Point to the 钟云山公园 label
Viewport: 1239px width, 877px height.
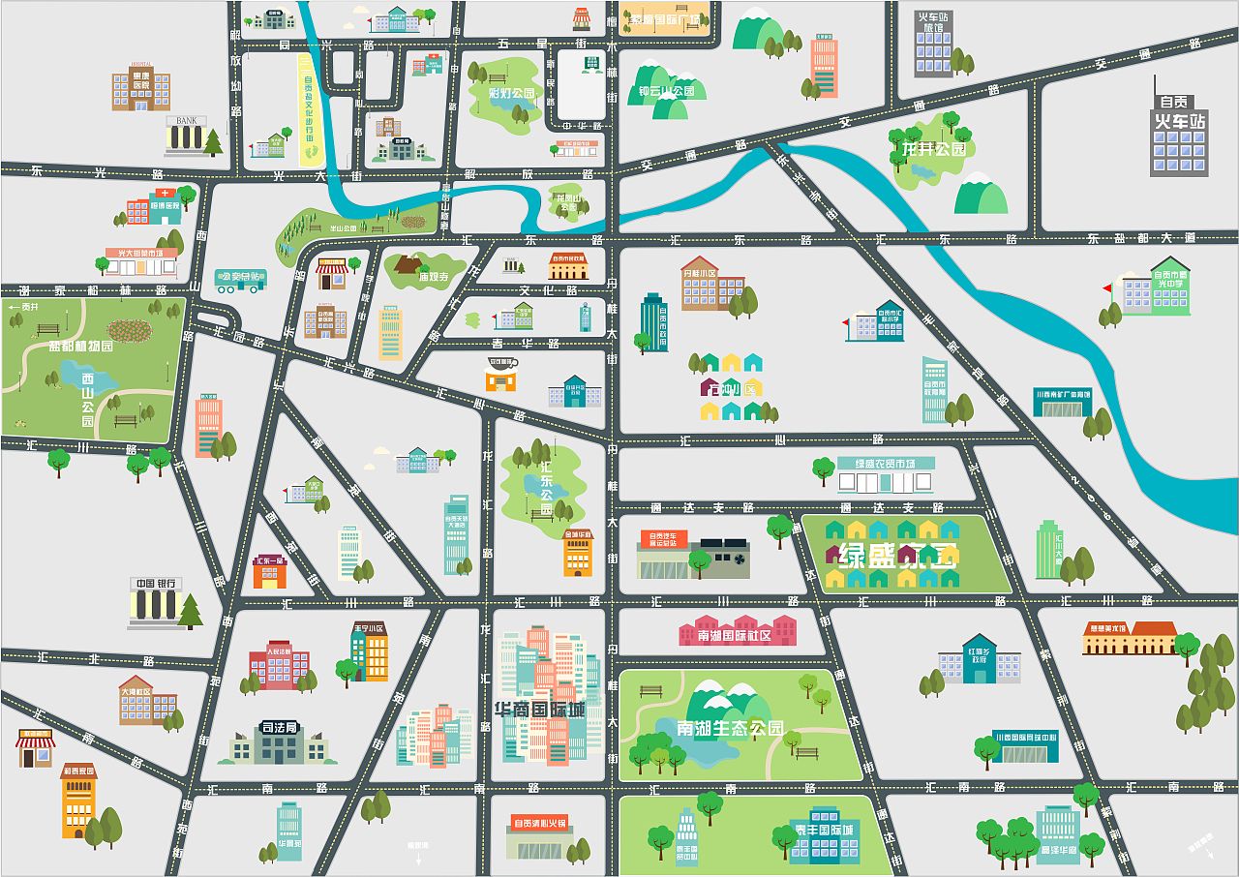667,93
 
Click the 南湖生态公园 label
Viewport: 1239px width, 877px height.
730,728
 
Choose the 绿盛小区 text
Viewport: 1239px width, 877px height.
895,557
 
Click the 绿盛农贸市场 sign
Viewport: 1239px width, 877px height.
885,464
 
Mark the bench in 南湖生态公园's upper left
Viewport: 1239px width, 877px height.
651,692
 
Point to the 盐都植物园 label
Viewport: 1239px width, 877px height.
81,346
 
